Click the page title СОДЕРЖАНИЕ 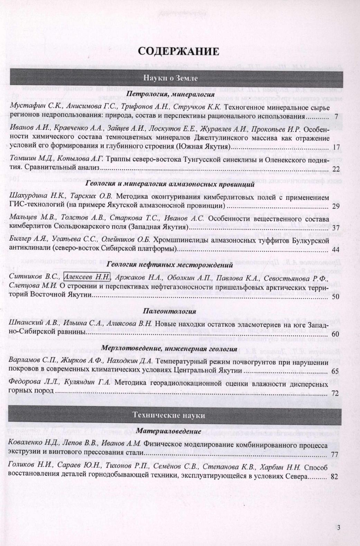(178, 51)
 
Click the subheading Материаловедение (169, 432)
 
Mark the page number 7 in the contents (336, 116)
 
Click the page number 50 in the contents (335, 297)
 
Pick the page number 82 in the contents (334, 477)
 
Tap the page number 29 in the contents (335, 207)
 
